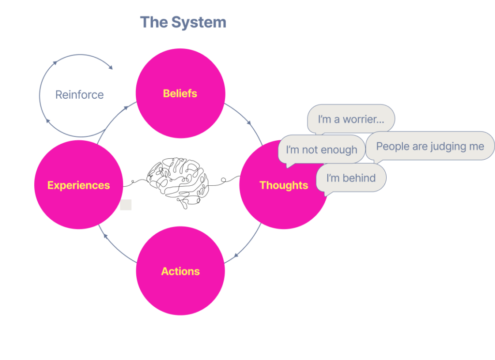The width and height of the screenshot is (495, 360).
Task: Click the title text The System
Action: point(183,22)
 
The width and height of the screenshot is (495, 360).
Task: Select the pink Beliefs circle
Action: point(180,93)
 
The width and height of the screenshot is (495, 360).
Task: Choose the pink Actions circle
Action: point(180,271)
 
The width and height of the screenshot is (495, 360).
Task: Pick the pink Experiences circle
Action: point(78,185)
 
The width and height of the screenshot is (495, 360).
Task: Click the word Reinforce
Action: point(79,95)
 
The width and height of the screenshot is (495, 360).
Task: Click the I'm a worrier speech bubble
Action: point(351,119)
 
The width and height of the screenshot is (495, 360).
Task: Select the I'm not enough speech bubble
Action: point(321,150)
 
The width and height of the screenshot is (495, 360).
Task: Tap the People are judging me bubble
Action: point(430,146)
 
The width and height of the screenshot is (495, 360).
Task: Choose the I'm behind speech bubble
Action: point(351,178)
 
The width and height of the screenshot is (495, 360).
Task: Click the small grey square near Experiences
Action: point(126,204)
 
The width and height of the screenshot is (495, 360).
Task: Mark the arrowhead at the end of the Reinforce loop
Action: point(111,67)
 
